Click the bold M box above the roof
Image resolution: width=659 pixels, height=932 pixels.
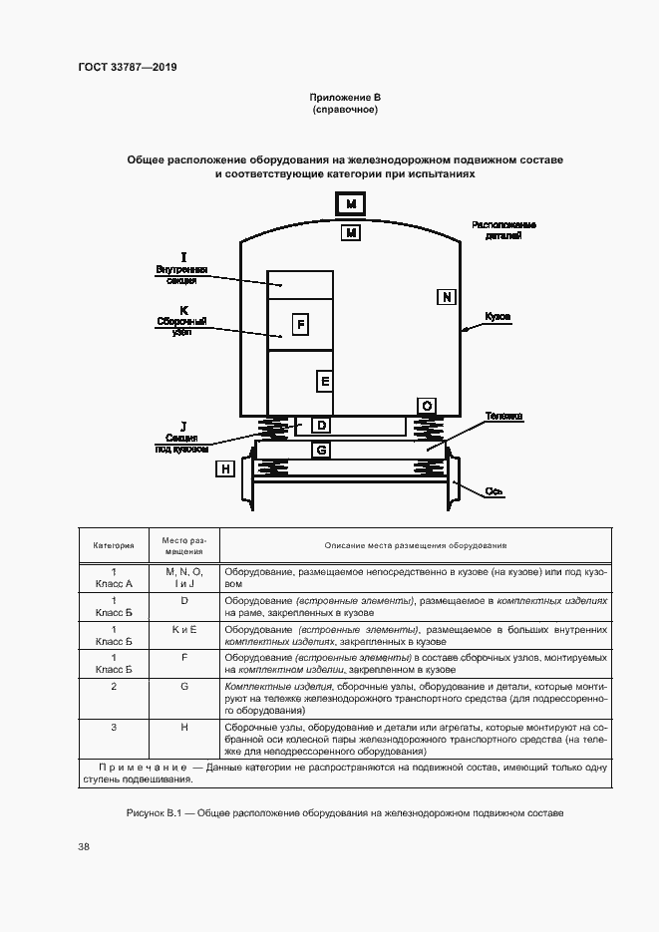351,204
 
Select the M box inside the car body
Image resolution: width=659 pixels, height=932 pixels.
351,233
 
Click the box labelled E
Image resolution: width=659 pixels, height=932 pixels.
324,381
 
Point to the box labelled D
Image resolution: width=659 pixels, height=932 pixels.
321,426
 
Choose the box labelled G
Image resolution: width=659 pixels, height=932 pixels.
321,450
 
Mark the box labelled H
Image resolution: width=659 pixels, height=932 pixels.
226,468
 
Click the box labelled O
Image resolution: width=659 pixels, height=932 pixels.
427,406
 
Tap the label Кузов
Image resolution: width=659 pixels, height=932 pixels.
498,316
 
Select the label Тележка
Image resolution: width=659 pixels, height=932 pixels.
503,415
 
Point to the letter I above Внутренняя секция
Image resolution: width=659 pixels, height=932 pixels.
183,257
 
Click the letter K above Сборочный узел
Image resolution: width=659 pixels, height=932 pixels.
183,309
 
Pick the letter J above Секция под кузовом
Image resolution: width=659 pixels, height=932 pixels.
183,426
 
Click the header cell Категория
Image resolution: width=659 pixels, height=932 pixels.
114,546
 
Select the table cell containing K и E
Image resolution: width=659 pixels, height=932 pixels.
183,630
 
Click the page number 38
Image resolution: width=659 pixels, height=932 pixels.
84,846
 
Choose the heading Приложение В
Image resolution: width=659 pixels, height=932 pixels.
345,97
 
